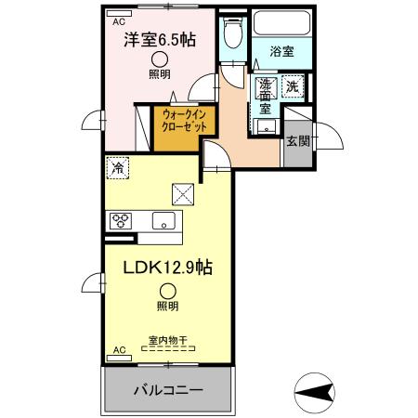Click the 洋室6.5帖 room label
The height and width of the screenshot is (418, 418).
[160, 41]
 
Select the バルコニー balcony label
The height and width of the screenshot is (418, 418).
[166, 387]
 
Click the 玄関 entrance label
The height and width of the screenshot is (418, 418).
[297, 141]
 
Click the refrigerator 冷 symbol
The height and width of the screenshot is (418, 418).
[117, 169]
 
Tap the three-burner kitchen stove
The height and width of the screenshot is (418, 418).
[122, 221]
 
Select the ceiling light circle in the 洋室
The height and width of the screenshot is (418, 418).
[160, 58]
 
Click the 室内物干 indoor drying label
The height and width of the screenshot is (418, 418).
[167, 340]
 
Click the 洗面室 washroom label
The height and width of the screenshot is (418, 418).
[264, 94]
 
